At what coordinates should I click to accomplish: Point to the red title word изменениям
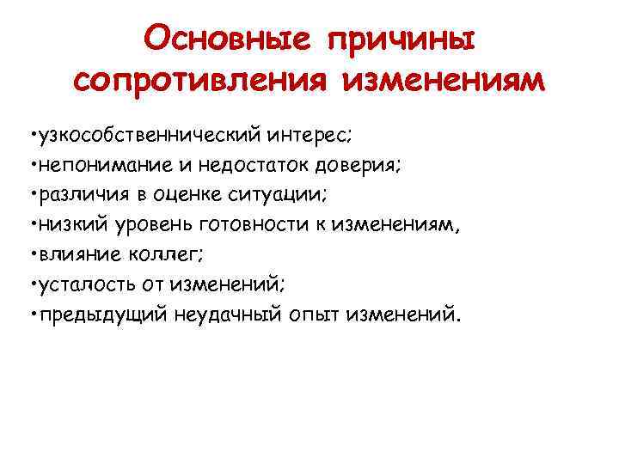(x=444, y=80)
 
